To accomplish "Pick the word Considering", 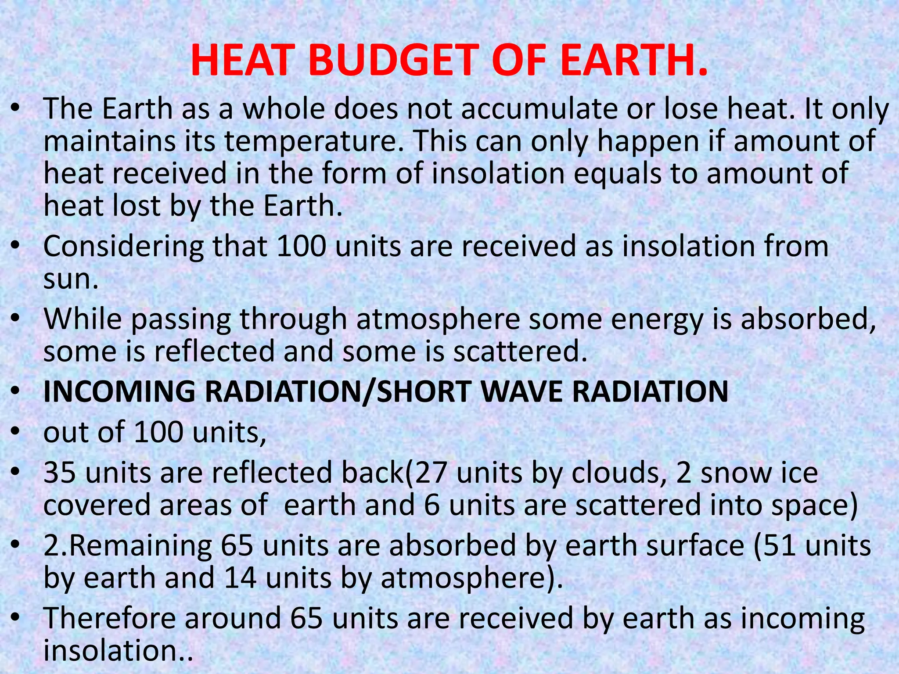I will click(x=123, y=247).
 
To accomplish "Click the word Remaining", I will click(x=140, y=546).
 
